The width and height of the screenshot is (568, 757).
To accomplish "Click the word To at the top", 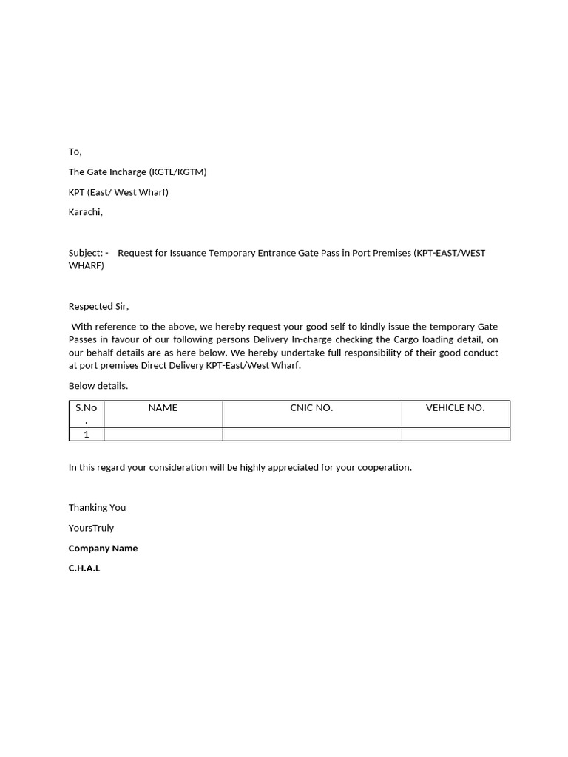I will click(75, 152).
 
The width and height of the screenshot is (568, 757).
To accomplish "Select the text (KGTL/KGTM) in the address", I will click(177, 172).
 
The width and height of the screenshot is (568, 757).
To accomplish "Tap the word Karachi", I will click(85, 212).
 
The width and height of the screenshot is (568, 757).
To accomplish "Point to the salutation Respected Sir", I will click(98, 306).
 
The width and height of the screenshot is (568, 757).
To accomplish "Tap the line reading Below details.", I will click(98, 386).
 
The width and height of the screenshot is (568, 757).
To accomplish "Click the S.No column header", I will click(87, 408).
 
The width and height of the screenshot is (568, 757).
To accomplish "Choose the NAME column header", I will click(163, 407).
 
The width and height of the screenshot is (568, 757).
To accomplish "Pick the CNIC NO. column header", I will click(311, 407).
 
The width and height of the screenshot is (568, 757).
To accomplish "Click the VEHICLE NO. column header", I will click(455, 407).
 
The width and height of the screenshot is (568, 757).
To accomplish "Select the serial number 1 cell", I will click(87, 434).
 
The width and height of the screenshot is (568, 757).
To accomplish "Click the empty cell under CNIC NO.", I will click(311, 434).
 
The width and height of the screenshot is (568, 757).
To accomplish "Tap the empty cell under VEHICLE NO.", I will click(455, 434).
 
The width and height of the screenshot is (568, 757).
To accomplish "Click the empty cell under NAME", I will click(163, 434).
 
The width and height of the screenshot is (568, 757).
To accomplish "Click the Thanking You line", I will click(97, 508).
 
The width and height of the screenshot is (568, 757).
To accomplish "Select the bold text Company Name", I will click(103, 549).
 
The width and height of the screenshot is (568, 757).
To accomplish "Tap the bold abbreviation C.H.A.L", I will click(84, 568).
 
